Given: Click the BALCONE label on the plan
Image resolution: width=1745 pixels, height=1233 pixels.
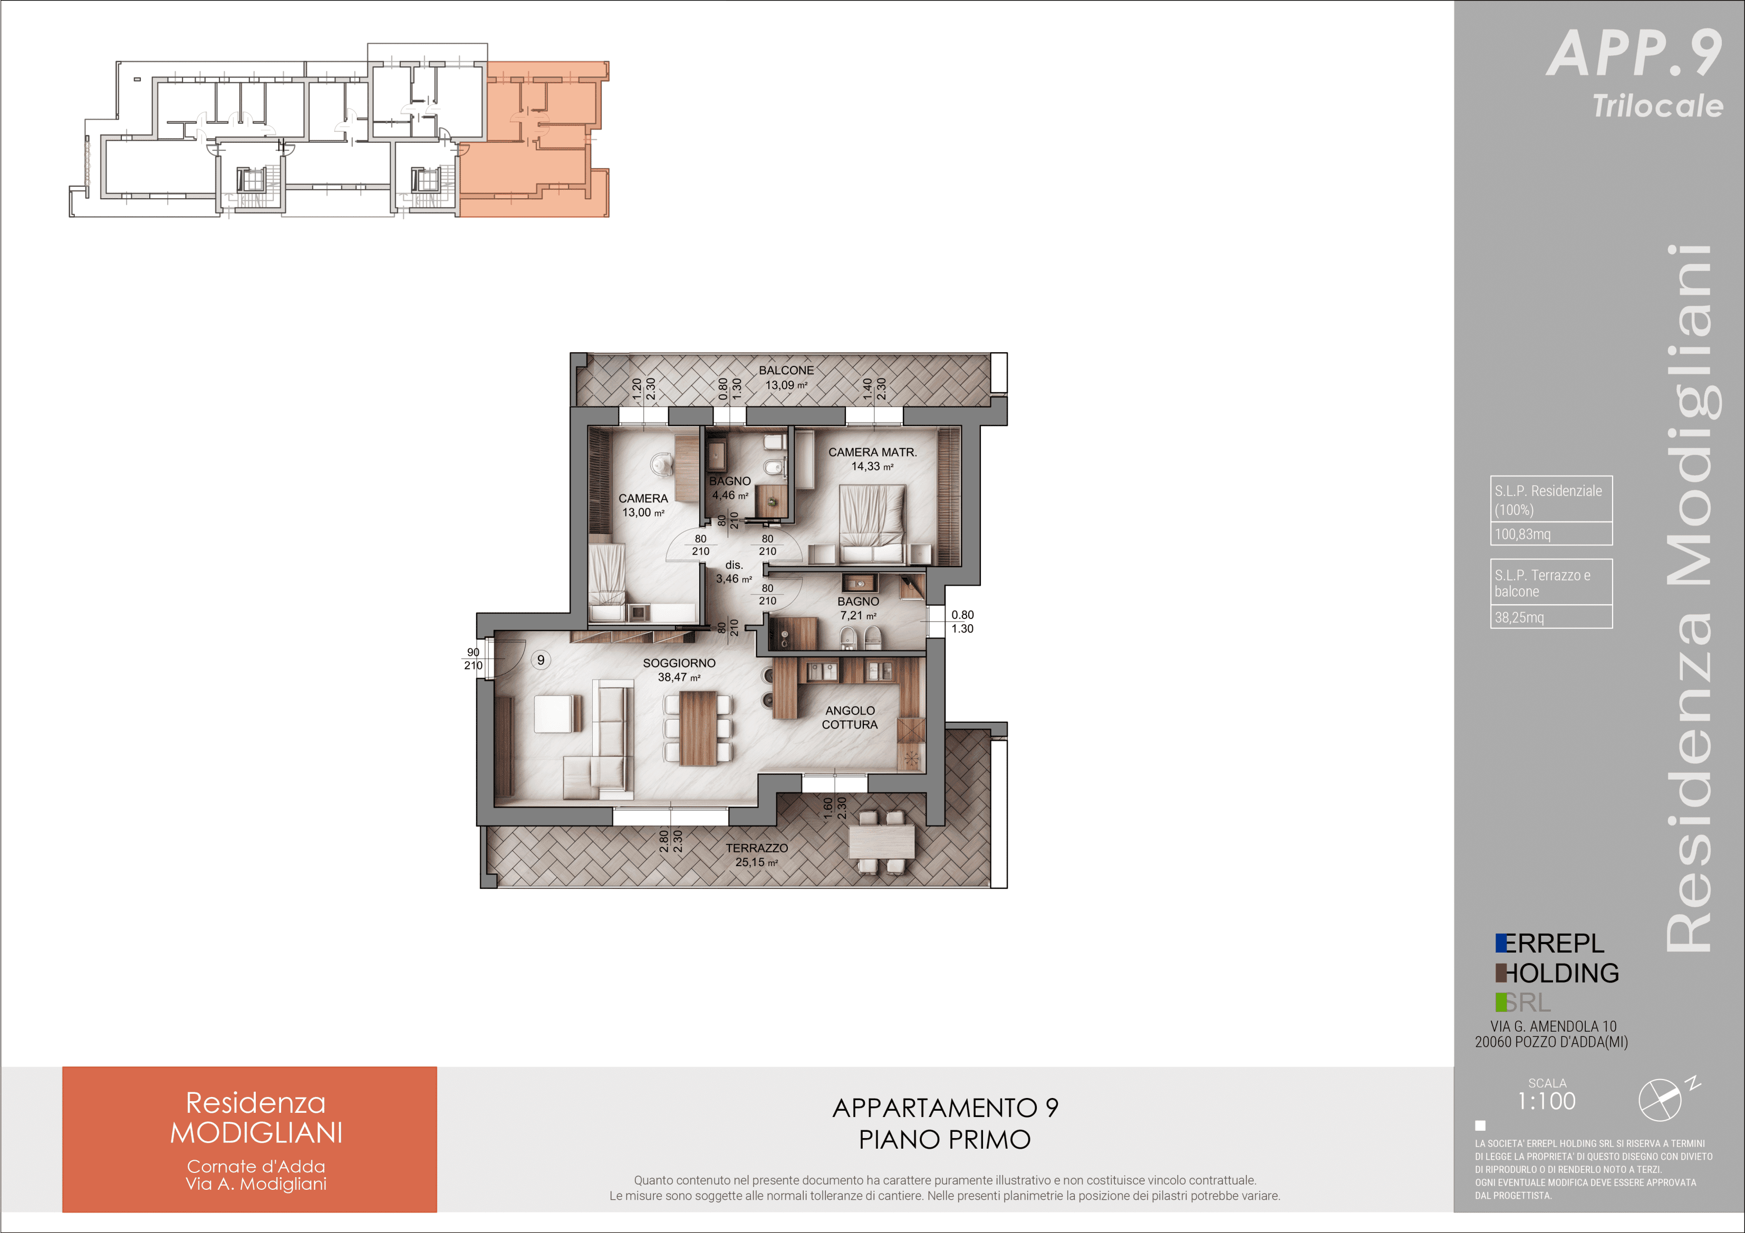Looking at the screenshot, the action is click(786, 371).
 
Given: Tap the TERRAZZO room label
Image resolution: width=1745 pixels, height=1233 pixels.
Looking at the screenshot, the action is click(756, 848).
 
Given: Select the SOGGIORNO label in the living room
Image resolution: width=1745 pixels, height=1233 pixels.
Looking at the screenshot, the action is click(679, 663).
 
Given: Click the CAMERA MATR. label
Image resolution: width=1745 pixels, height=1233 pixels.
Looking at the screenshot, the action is click(872, 452).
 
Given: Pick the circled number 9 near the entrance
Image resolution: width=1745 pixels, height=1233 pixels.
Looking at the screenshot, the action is click(541, 660).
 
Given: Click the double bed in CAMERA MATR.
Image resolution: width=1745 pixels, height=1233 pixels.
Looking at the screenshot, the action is click(872, 524).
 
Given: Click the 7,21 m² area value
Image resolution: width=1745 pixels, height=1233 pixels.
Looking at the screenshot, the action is click(858, 615).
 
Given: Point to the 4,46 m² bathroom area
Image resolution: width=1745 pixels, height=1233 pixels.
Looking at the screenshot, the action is click(730, 496).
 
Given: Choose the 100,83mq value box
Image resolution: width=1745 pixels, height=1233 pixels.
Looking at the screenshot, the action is click(1551, 533).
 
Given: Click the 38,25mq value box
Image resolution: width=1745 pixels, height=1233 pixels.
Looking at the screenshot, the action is click(1551, 617).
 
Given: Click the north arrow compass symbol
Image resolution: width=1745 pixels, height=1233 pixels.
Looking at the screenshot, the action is click(1664, 1099).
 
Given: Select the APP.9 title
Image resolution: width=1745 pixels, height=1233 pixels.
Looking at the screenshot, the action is click(1635, 53).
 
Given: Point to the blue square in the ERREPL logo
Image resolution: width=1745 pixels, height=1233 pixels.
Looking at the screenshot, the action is click(1501, 943).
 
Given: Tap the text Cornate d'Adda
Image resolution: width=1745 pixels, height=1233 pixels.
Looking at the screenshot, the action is click(256, 1166).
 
